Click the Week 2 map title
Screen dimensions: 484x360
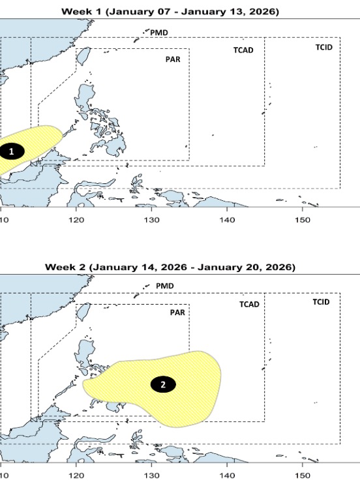point(170,267)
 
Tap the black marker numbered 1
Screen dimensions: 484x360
point(12,151)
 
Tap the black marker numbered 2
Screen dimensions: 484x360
point(163,384)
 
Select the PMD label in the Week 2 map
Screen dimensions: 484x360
point(166,286)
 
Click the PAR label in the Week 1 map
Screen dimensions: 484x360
point(172,59)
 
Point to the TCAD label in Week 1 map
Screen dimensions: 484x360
point(243,50)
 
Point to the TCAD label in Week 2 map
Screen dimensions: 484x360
point(249,304)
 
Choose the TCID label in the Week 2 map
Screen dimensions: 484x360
point(320,301)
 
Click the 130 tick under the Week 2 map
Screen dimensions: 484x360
point(152,476)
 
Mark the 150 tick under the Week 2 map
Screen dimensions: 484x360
point(303,476)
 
